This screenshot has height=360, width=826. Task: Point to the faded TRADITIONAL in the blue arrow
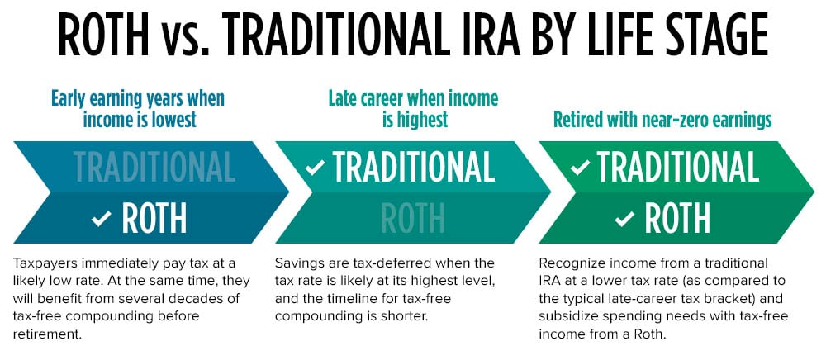click(x=154, y=167)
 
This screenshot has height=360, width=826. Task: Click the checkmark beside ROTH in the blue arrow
click(x=102, y=219)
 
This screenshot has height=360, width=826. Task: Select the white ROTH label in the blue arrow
click(x=154, y=219)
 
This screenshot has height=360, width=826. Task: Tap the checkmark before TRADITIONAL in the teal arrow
click(x=315, y=167)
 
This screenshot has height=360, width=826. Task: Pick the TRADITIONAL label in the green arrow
click(x=677, y=167)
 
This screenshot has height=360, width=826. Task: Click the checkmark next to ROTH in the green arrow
click(x=624, y=219)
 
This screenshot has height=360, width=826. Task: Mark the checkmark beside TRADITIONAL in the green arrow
click(x=580, y=167)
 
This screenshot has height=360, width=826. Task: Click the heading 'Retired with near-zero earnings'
click(x=662, y=121)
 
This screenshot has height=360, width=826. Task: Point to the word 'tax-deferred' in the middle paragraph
click(x=371, y=263)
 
